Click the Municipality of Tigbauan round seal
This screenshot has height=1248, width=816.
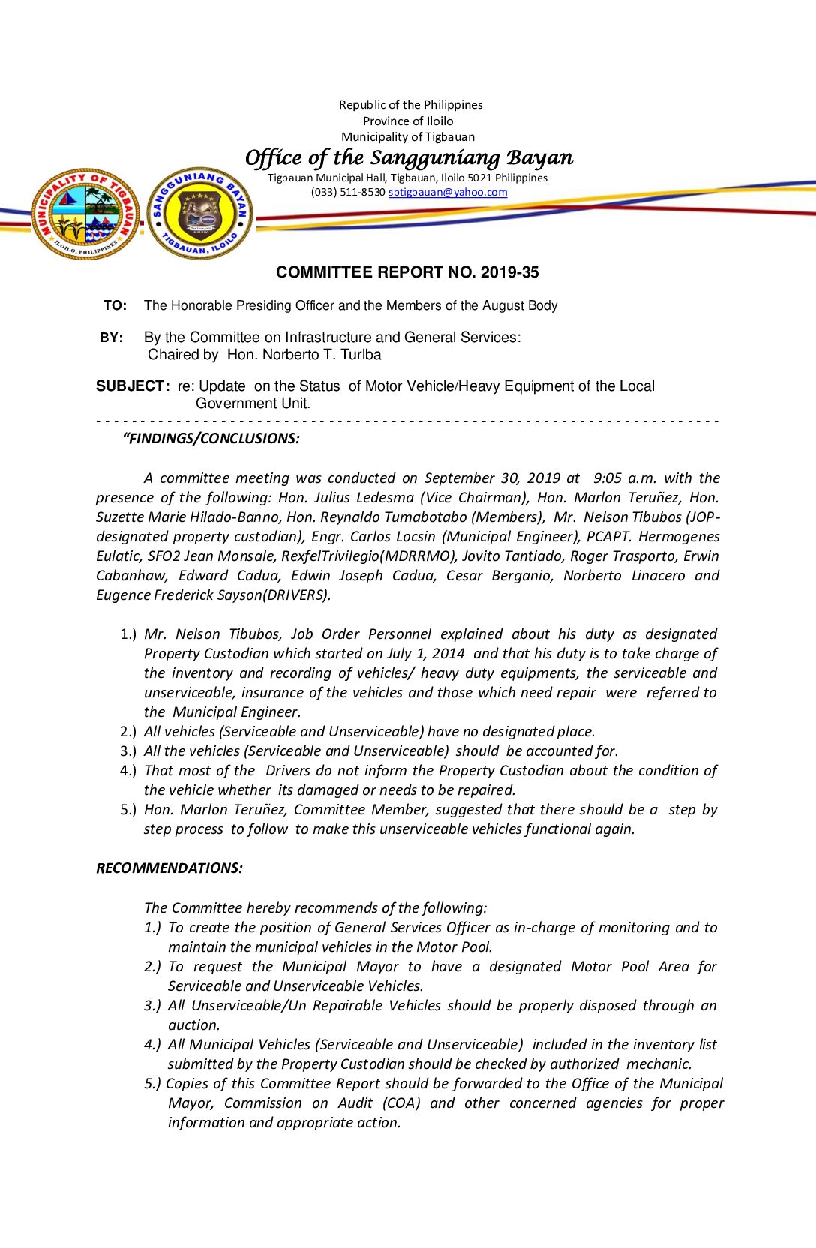[85, 214]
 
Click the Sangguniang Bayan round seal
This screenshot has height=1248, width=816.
[199, 214]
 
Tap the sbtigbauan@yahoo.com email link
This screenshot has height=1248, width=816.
[448, 192]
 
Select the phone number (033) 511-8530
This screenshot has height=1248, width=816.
[348, 192]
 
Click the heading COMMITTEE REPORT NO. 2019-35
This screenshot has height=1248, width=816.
[407, 272]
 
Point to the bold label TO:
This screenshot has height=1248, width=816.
[115, 305]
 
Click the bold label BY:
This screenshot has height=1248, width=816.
[112, 337]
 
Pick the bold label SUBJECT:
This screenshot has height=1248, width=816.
[133, 386]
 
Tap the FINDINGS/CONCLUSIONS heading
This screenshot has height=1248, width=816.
[213, 439]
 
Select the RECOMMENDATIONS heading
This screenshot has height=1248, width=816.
[169, 868]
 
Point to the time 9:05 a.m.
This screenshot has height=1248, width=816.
[625, 478]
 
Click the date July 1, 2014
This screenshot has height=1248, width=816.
[426, 654]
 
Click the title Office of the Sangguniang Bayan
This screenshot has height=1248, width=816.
[409, 157]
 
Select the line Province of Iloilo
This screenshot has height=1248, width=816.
[408, 121]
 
